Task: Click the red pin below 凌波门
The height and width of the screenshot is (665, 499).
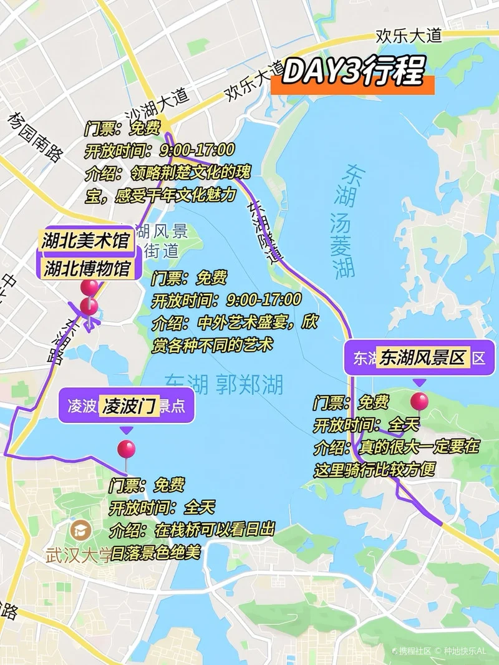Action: [x=126, y=449]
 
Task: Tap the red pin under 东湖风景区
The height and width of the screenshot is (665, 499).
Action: [x=419, y=401]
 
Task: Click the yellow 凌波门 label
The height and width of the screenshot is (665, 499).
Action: [x=130, y=406]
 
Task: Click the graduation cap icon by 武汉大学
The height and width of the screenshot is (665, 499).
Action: [x=82, y=532]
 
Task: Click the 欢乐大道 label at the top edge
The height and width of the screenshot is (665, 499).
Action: [x=408, y=36]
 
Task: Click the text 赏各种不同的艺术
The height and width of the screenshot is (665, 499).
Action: [x=212, y=345]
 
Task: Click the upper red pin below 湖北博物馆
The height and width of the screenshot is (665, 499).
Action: [x=90, y=288]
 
